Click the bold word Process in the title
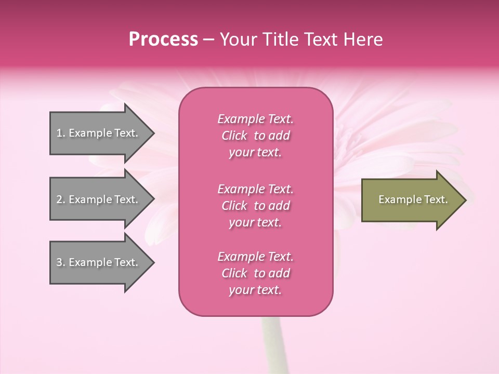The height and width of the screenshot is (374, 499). (163, 39)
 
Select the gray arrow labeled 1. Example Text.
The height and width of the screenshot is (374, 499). (99, 133)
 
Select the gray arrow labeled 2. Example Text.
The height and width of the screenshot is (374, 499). (99, 199)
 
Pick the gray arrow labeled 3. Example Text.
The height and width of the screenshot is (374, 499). (99, 262)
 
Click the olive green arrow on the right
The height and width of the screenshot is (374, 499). (411, 200)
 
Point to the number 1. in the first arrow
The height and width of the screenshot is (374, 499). (61, 133)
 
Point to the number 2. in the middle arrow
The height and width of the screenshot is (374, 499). (61, 199)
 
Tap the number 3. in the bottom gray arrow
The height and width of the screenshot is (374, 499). (61, 262)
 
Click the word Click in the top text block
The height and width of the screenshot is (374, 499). (234, 136)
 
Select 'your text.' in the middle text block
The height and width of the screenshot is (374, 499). (255, 222)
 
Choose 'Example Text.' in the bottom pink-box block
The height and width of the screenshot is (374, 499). (255, 257)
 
